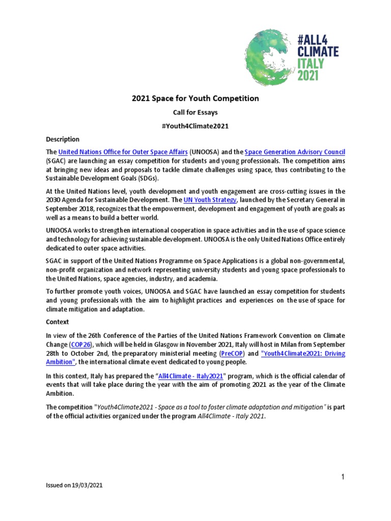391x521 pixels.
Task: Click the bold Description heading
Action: tap(63, 139)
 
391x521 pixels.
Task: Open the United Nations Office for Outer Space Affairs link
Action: tap(123, 152)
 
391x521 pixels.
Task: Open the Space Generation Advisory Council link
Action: tap(295, 152)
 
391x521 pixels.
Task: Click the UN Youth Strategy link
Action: tap(210, 200)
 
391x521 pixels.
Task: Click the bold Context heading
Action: tap(57, 322)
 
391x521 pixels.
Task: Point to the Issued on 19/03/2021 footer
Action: tap(74, 486)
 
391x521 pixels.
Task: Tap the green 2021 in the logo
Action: tap(308, 75)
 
